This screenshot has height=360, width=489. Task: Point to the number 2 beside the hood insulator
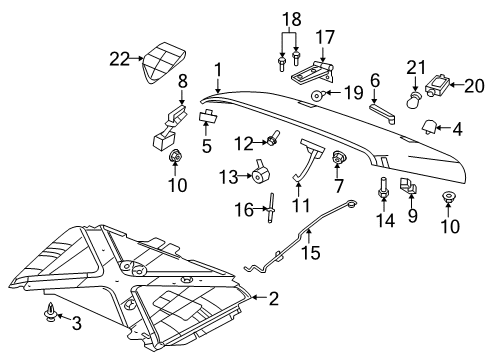(273, 297)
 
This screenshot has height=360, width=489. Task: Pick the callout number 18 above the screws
(291, 19)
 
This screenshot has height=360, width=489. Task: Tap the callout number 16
(239, 208)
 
